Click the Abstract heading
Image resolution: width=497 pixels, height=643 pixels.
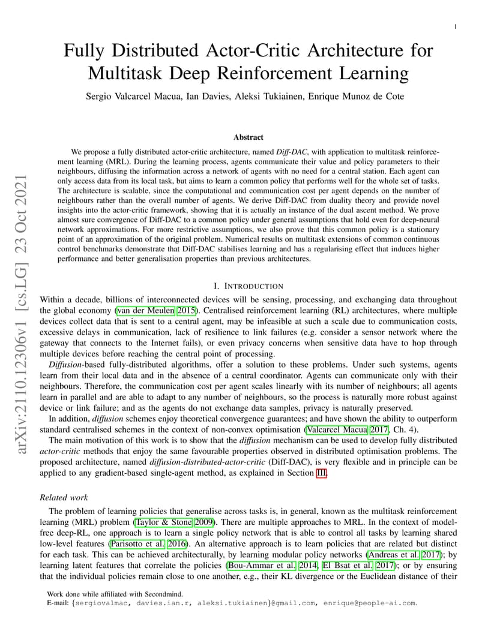(x=248, y=137)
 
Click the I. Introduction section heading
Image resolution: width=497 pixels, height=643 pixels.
(x=248, y=286)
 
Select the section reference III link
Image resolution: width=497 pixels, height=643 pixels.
(x=322, y=473)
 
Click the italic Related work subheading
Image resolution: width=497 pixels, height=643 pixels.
(x=64, y=497)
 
